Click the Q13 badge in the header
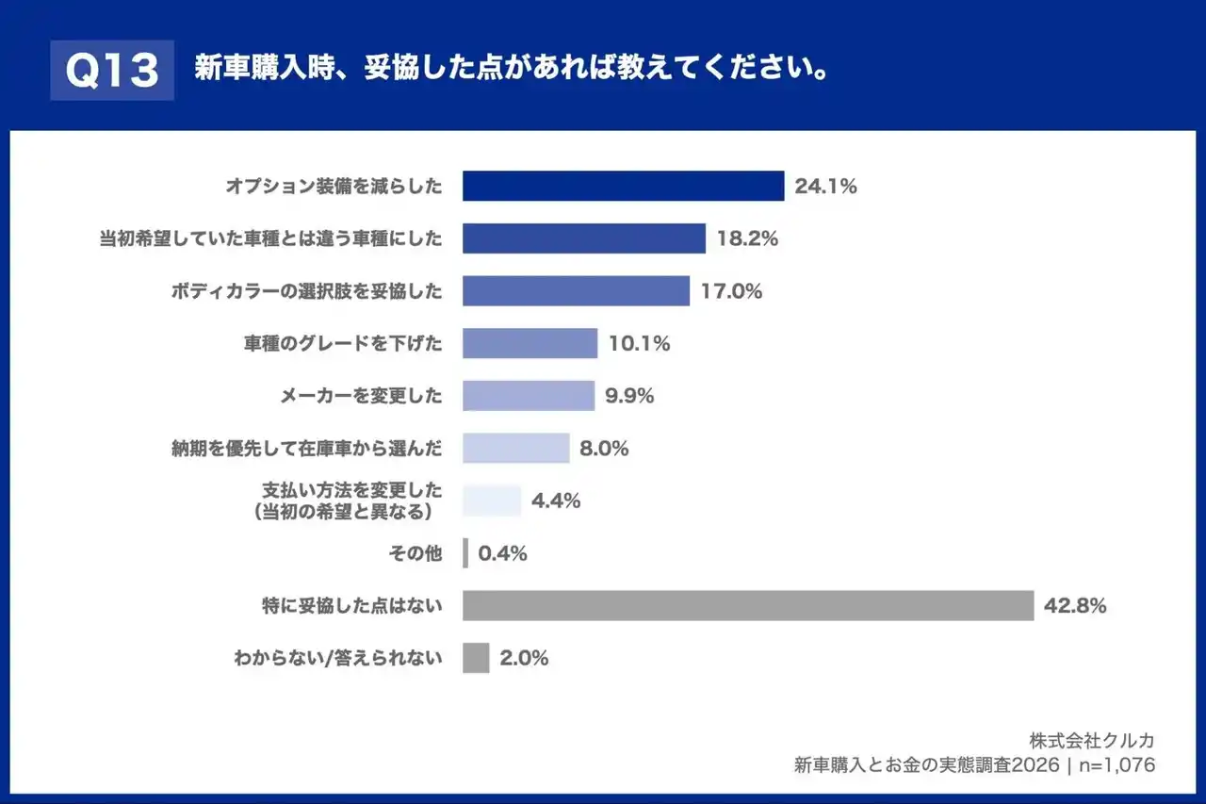pyautogui.click(x=112, y=71)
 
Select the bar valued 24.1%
pyautogui.click(x=623, y=186)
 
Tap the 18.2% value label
pyautogui.click(x=747, y=238)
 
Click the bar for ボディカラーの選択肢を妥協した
pyautogui.click(x=576, y=291)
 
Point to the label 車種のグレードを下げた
pyautogui.click(x=342, y=344)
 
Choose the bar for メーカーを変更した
pyautogui.click(x=528, y=396)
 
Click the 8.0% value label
pyautogui.click(x=604, y=449)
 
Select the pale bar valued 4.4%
pyautogui.click(x=492, y=501)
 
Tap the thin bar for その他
pyautogui.click(x=465, y=553)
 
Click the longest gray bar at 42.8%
pyautogui.click(x=748, y=606)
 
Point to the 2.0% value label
pyautogui.click(x=524, y=659)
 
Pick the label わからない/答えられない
pyautogui.click(x=337, y=659)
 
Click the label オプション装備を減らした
pyautogui.click(x=334, y=186)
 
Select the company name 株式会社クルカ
pyautogui.click(x=1092, y=740)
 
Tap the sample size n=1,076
pyautogui.click(x=1116, y=765)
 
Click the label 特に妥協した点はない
pyautogui.click(x=351, y=606)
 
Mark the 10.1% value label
pyautogui.click(x=639, y=344)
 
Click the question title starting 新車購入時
pyautogui.click(x=512, y=70)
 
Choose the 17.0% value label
pyautogui.click(x=731, y=291)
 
